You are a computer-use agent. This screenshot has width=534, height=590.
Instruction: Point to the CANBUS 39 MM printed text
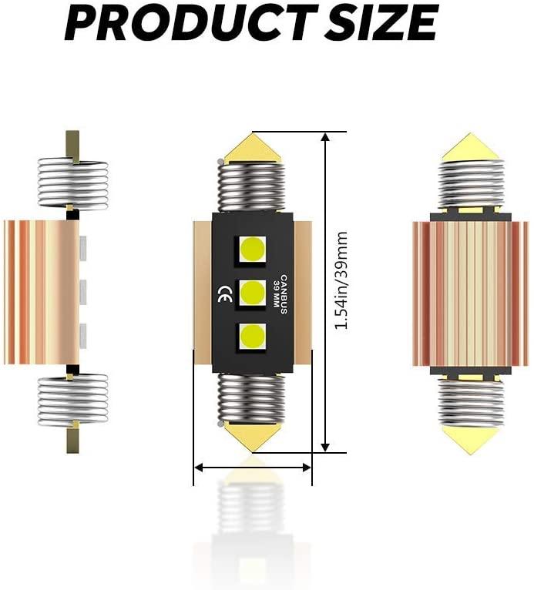278,292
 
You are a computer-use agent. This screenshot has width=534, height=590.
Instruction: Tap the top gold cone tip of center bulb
249,144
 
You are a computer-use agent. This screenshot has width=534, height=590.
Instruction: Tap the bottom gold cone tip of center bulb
249,438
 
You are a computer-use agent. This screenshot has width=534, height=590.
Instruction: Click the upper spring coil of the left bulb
73,183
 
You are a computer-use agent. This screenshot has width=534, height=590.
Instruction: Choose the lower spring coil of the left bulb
73,400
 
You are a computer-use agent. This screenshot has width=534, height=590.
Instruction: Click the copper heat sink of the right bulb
470,293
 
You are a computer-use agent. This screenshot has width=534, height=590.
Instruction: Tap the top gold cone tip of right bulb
471,146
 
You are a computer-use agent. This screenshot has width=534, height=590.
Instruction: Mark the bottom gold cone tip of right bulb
471,439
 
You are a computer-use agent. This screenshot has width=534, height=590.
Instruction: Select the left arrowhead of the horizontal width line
199,467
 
